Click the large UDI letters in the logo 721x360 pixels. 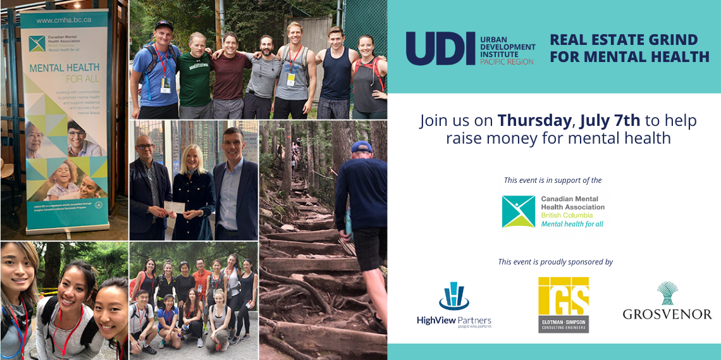coord(440,48)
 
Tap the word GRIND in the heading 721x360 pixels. coord(674,39)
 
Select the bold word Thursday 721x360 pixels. coord(533,120)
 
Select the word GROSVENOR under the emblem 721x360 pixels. coord(667,314)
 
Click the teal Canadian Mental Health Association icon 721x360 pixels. coord(518,211)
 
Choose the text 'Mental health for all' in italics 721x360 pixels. coord(572,224)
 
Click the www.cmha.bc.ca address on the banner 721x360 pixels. coord(63,20)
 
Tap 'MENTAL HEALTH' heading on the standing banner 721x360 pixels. coord(63,67)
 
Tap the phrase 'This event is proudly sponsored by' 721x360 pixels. coord(555,262)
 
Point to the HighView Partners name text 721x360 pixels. coord(453,320)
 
